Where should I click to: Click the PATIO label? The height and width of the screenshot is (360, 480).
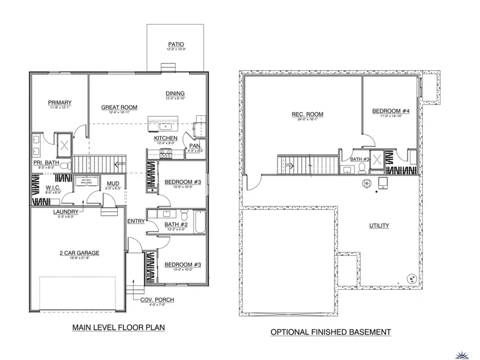[x=175, y=44]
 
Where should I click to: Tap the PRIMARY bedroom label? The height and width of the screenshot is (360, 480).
[x=60, y=103]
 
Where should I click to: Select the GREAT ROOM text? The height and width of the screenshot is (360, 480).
[x=119, y=107]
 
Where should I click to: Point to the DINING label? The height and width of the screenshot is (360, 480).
[x=175, y=93]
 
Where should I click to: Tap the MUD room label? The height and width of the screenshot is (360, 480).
[x=113, y=183]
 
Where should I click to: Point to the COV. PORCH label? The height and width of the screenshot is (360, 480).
[x=157, y=300]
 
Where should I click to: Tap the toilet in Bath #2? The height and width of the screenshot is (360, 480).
[x=184, y=217]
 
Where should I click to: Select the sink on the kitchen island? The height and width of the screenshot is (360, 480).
[x=165, y=127]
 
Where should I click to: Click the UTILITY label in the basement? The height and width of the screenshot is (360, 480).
[x=379, y=226]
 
